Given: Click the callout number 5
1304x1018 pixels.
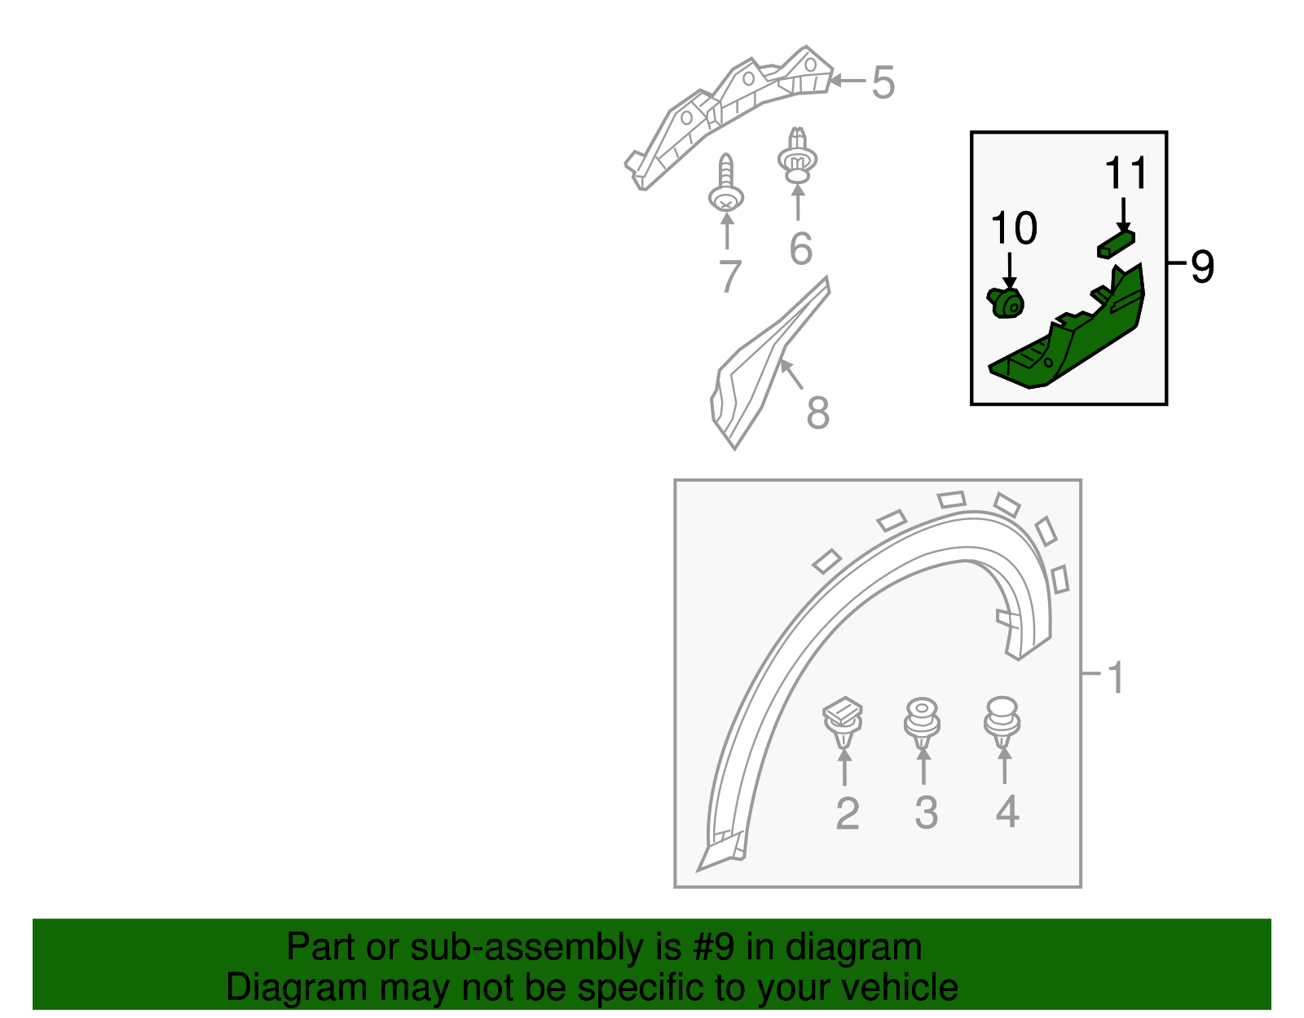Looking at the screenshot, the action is pos(883,82).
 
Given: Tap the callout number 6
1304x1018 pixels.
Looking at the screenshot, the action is pos(801,249).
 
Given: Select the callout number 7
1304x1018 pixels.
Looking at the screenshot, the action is pos(731,276).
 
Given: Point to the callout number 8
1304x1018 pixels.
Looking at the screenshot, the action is pos(818,412).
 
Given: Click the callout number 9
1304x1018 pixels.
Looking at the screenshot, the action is pos(1202,267).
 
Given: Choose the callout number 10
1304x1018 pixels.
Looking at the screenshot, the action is pos(1014,228).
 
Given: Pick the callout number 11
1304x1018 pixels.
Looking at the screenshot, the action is pos(1126,173).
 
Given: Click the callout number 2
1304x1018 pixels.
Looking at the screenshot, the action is pos(848,813).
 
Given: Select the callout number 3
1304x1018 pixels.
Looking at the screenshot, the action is pos(926,813).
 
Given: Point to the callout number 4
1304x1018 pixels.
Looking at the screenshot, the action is pos(1007,812).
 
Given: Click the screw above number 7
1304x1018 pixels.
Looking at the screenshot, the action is pos(726,183).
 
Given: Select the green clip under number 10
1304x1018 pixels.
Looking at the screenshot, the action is pos(1005,302).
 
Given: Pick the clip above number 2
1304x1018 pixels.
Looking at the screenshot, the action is pos(843,722).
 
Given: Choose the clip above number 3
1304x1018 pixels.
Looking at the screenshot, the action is pos(923,724).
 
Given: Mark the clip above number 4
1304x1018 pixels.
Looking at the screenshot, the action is pos(1002,722).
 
